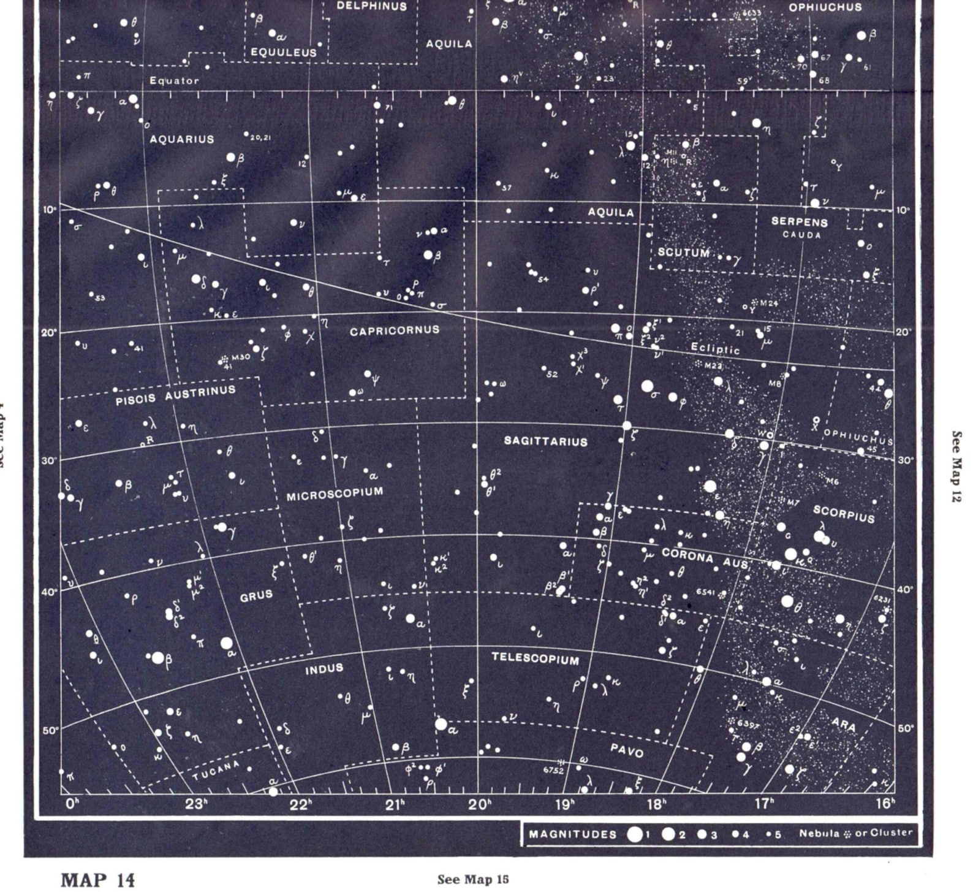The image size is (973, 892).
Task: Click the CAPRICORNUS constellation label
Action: [x=395, y=330]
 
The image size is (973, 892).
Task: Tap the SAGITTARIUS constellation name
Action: [x=545, y=441]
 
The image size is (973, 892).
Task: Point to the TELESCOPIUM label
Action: [x=535, y=658]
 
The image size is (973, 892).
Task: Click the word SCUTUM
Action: [x=683, y=252]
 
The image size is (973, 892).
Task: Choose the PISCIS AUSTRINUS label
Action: [x=175, y=395]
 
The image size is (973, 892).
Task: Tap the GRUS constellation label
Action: [x=256, y=595]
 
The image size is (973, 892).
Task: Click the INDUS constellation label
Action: [x=324, y=669]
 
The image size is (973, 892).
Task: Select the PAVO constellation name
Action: [x=627, y=750]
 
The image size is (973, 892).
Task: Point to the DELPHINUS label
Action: [x=372, y=7]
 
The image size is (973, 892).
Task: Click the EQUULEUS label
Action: [x=284, y=53]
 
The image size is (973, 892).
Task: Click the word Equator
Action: [x=174, y=80]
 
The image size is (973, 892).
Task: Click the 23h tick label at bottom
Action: [x=196, y=804]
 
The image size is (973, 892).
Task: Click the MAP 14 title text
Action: [x=97, y=880]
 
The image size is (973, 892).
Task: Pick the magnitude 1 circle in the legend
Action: [x=635, y=834]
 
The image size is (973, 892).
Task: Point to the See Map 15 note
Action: [x=473, y=880]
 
